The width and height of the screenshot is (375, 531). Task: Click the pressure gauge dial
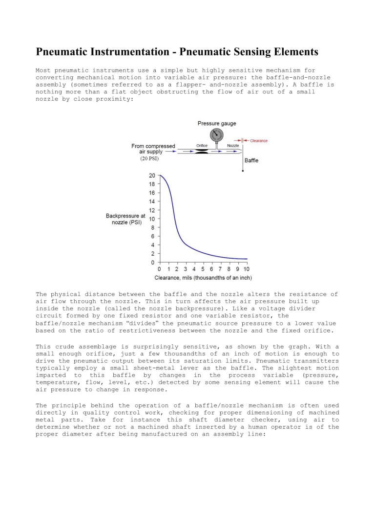(x=215, y=134)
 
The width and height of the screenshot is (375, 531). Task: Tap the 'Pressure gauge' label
(x=217, y=124)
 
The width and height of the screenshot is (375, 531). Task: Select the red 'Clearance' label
(x=259, y=141)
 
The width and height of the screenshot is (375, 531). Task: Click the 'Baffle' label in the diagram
(x=251, y=160)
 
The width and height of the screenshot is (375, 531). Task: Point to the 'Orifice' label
(x=202, y=146)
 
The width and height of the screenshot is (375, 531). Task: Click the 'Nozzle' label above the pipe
(x=233, y=146)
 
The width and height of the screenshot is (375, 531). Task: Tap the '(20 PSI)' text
(x=150, y=158)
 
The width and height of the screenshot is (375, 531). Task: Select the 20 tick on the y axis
(x=152, y=176)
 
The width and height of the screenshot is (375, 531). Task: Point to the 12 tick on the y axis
(x=152, y=210)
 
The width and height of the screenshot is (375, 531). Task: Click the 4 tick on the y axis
(x=153, y=245)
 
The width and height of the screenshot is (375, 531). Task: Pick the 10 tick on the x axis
(x=247, y=269)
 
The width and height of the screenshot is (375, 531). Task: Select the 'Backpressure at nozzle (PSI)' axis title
(x=125, y=219)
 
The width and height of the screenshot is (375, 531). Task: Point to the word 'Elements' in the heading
(x=294, y=52)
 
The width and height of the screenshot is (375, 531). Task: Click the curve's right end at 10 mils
(x=247, y=259)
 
